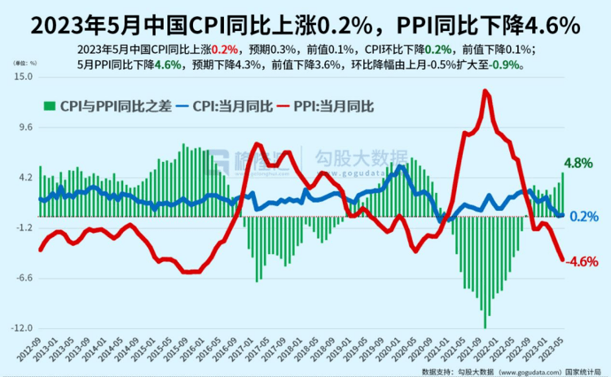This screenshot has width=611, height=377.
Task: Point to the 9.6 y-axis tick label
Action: coord(24,127)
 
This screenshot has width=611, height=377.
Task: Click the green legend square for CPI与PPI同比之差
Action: coord(48,105)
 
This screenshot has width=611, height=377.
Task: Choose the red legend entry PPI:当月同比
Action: coord(326,105)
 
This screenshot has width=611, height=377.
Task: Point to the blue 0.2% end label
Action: coord(585,216)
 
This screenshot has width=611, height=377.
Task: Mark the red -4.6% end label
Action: coord(582,261)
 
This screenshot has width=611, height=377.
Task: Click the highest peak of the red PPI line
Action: coord(486,90)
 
